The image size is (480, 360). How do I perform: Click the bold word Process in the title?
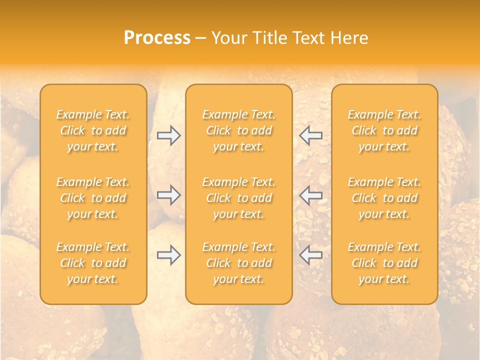pyautogui.click(x=157, y=38)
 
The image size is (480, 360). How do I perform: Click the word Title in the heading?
pyautogui.click(x=269, y=38)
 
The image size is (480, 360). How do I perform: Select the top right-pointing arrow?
pyautogui.click(x=168, y=135)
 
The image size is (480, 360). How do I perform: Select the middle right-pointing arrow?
pyautogui.click(x=168, y=195)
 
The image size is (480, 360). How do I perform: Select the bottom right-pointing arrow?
pyautogui.click(x=168, y=255)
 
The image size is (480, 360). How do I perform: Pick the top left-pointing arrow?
pyautogui.click(x=311, y=135)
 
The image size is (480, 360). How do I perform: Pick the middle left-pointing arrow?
pyautogui.click(x=311, y=195)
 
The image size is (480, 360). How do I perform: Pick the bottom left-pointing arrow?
pyautogui.click(x=311, y=255)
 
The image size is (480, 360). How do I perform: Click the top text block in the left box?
pyautogui.click(x=93, y=130)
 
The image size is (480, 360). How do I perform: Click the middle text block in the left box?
pyautogui.click(x=93, y=198)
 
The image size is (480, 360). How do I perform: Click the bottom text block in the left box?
pyautogui.click(x=93, y=263)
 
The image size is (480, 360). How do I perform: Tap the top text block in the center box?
pyautogui.click(x=239, y=130)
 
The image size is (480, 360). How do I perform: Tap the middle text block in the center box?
pyautogui.click(x=239, y=198)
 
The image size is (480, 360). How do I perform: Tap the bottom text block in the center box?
pyautogui.click(x=239, y=263)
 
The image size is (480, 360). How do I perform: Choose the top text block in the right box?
pyautogui.click(x=384, y=130)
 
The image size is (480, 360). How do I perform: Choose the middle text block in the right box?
pyautogui.click(x=384, y=198)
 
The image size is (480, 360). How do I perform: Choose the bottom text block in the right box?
pyautogui.click(x=384, y=263)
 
